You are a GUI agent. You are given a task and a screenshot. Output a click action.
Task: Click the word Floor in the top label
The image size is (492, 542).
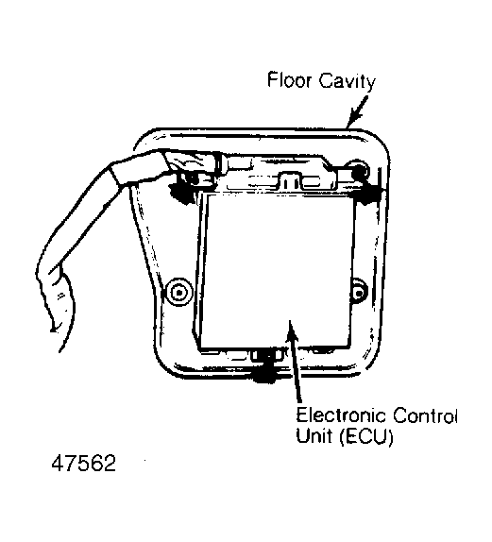pos(289,80)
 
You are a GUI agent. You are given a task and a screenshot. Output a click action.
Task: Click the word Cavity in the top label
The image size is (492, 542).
pos(347,82)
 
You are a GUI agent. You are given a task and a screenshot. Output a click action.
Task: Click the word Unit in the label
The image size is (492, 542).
pos(314,435)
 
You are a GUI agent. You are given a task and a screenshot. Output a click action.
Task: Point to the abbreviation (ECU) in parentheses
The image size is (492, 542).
pos(365,437)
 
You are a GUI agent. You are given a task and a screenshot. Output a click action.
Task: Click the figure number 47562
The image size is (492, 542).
pos(83,464)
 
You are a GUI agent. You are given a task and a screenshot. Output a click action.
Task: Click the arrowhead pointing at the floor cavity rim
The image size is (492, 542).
pos(354,117)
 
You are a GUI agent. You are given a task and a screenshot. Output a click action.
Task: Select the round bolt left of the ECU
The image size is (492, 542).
pos(179,293)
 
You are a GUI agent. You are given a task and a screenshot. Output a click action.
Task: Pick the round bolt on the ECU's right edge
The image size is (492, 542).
pos(359,294)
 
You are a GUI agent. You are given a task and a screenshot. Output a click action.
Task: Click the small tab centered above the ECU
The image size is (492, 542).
pos(291,180)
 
